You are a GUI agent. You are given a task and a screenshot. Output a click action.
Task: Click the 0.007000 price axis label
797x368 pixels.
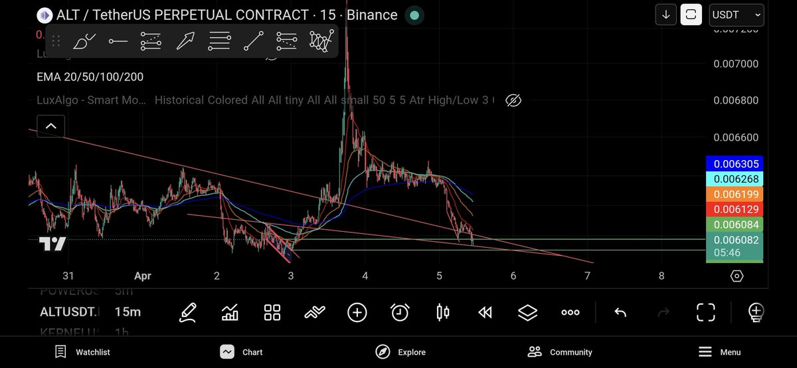pyautogui.click(x=735, y=64)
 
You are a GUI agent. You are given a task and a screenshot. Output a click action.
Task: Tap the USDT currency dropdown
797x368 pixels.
pyautogui.click(x=736, y=15)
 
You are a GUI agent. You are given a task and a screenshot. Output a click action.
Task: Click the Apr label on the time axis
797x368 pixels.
pyautogui.click(x=143, y=276)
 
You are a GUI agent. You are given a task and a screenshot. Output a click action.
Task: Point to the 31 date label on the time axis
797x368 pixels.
pyautogui.click(x=68, y=276)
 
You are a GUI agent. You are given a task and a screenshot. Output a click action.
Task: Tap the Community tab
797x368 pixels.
pyautogui.click(x=560, y=352)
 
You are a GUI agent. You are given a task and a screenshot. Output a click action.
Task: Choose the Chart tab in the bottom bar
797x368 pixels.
pyautogui.click(x=242, y=352)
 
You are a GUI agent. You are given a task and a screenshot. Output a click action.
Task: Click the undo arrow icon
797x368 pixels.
pyautogui.click(x=620, y=312)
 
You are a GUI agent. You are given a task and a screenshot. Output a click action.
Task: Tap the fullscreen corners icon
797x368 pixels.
pyautogui.click(x=705, y=312)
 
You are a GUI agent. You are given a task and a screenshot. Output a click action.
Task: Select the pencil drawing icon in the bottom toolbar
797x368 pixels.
pyautogui.click(x=188, y=312)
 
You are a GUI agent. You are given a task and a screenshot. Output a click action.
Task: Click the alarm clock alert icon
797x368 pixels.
pyautogui.click(x=400, y=312)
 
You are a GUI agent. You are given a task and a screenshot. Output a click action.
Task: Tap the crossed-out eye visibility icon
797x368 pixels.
pyautogui.click(x=513, y=100)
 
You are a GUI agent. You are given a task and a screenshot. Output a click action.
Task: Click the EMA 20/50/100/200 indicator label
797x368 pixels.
pyautogui.click(x=90, y=77)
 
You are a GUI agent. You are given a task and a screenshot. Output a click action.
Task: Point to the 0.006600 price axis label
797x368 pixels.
pyautogui.click(x=735, y=138)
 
